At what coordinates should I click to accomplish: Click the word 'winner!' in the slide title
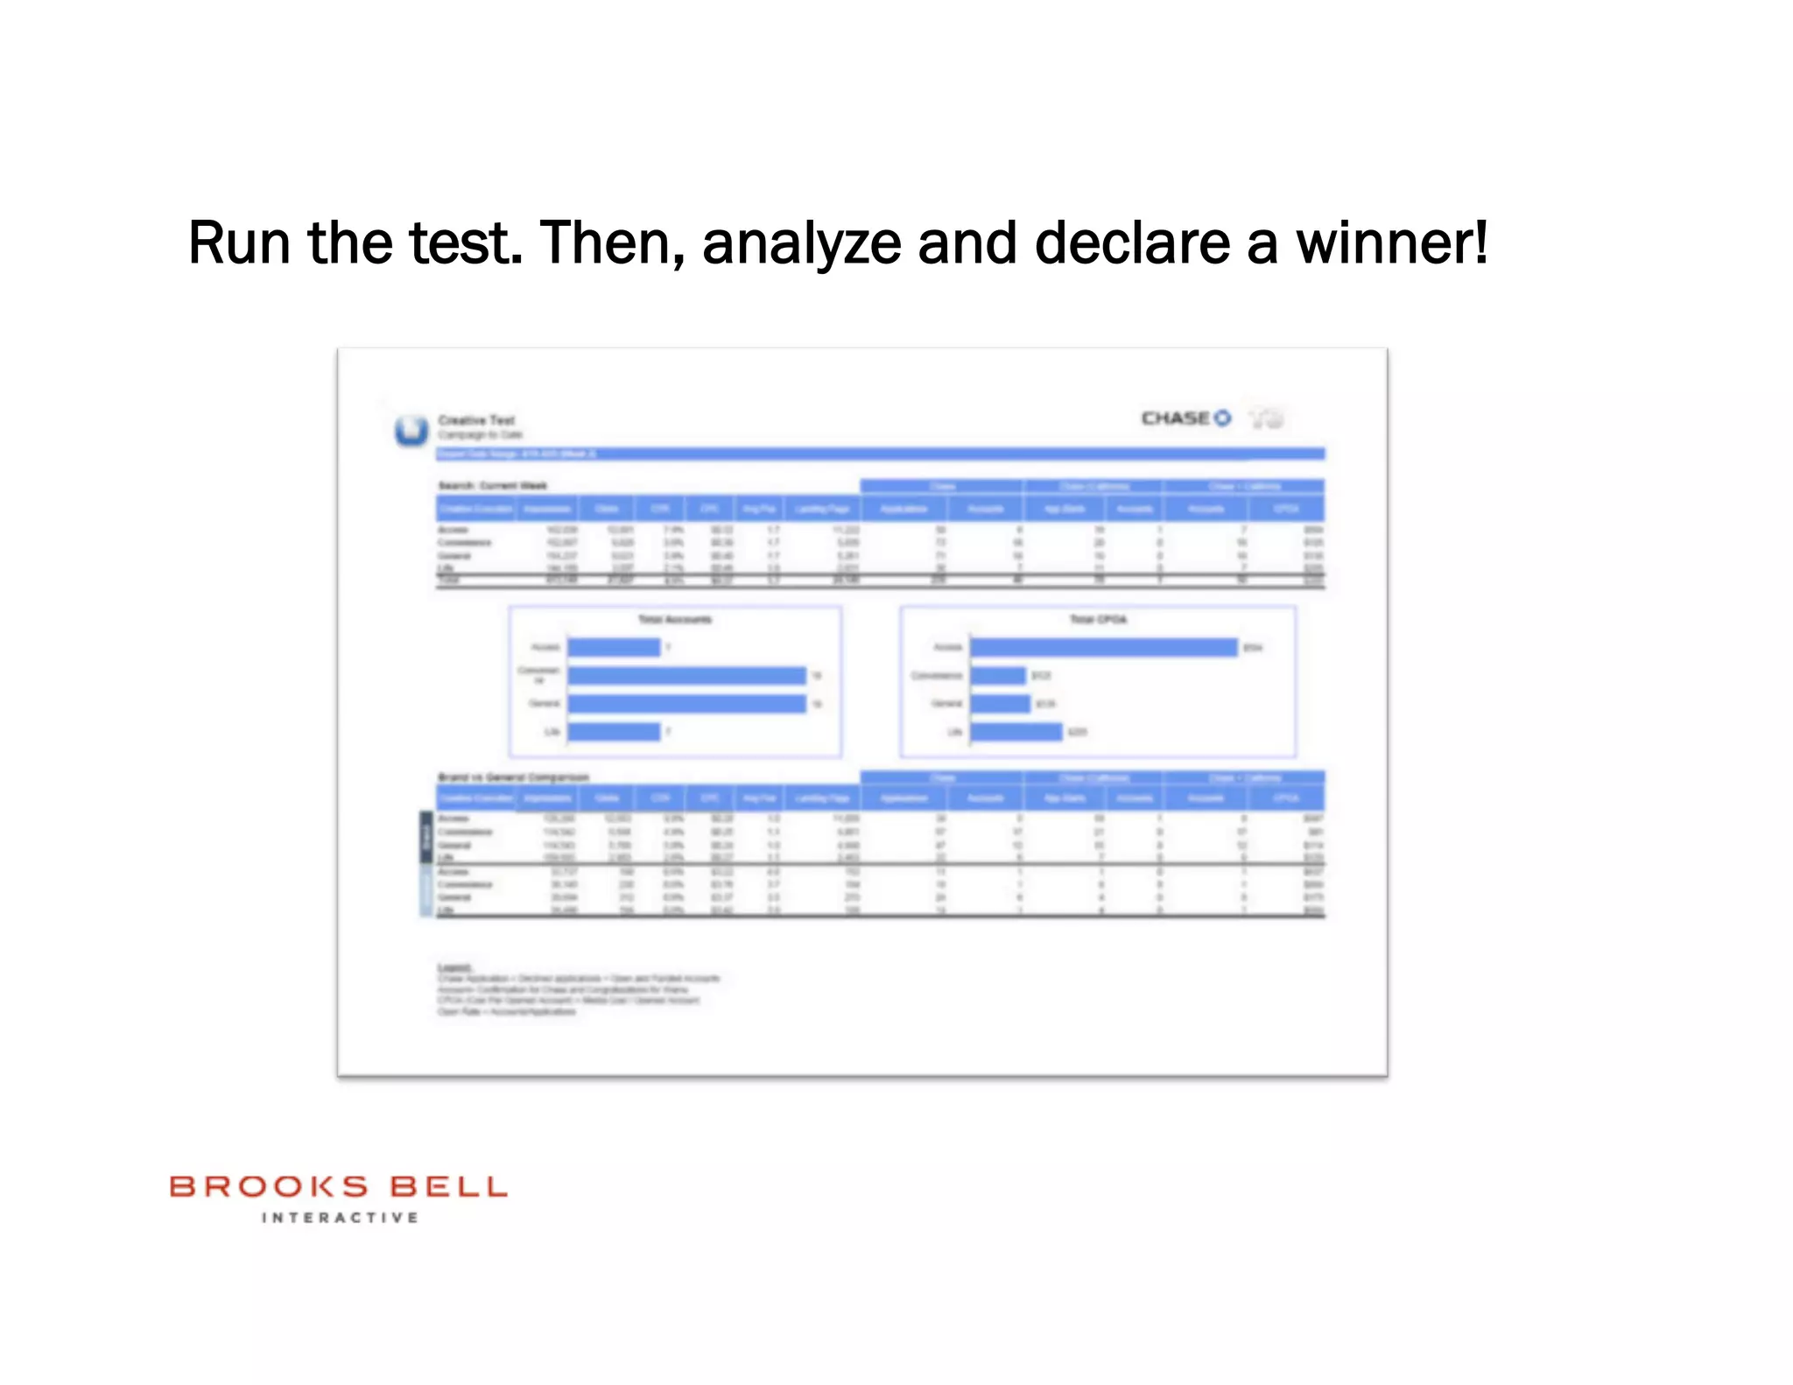(x=1391, y=243)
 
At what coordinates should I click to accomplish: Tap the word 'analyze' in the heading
(x=801, y=243)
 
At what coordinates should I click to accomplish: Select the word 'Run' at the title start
(x=238, y=243)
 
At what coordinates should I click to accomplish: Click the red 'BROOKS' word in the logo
(x=269, y=1187)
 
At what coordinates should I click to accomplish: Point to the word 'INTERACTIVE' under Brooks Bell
(x=340, y=1218)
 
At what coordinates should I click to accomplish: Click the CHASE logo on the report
(x=1185, y=418)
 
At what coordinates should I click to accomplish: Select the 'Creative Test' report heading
(x=476, y=420)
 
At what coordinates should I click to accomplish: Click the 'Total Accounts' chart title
(x=674, y=620)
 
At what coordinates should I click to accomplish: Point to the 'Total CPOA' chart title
(x=1098, y=620)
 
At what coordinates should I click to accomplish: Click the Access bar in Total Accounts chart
(x=614, y=648)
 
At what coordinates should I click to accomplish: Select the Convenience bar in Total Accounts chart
(x=686, y=676)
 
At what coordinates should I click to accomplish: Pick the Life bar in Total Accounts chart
(x=614, y=732)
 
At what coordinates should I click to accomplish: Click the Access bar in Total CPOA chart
(x=1103, y=648)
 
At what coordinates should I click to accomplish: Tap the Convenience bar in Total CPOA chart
(x=997, y=676)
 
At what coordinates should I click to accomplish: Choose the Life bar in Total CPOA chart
(x=1016, y=732)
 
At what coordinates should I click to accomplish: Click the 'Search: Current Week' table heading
(x=493, y=486)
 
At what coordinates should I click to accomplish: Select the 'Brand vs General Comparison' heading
(x=513, y=777)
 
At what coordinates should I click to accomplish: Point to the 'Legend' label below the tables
(x=454, y=967)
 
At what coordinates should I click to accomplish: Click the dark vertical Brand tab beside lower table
(x=426, y=837)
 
